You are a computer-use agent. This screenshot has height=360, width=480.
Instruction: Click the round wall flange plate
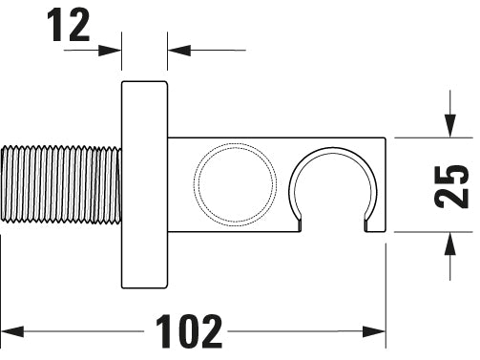[144, 184]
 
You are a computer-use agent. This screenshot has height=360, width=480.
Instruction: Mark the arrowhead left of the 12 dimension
[113, 49]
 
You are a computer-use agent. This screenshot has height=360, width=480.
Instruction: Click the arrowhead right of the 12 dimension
[177, 49]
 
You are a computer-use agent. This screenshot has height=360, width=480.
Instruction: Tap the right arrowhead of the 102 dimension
[376, 331]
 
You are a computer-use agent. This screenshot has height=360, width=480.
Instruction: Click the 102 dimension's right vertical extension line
[386, 286]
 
